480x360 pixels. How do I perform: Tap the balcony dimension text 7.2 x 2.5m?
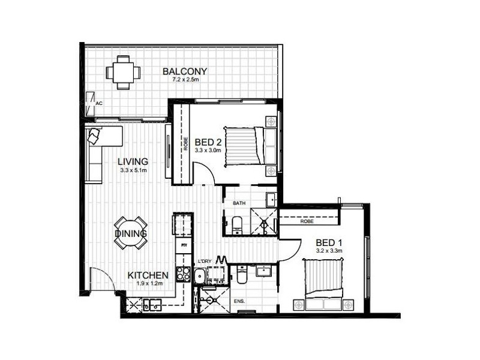click(185, 79)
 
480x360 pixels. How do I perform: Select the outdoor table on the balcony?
click(124, 73)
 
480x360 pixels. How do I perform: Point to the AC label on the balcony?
click(100, 103)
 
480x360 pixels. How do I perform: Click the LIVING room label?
click(133, 161)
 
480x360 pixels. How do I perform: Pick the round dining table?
click(131, 232)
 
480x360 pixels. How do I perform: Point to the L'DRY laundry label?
click(205, 261)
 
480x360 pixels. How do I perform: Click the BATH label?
click(239, 203)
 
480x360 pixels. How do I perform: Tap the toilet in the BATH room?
click(236, 224)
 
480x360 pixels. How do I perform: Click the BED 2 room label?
click(208, 142)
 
